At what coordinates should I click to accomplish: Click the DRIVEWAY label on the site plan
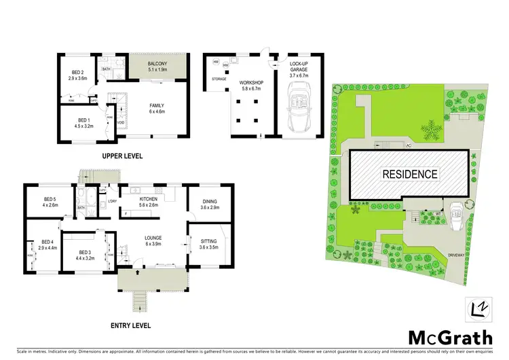point(456,255)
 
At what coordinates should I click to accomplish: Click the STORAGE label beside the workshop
point(219,79)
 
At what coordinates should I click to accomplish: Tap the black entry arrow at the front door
point(138,272)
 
